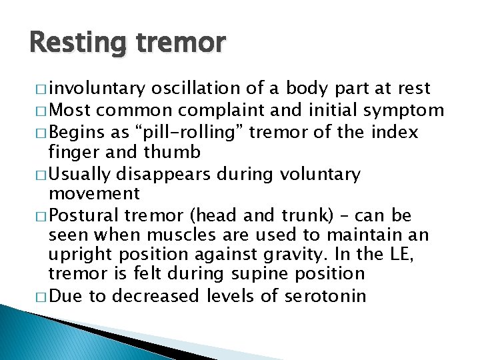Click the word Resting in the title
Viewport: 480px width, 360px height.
point(70,44)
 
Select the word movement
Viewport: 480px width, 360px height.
point(94,194)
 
